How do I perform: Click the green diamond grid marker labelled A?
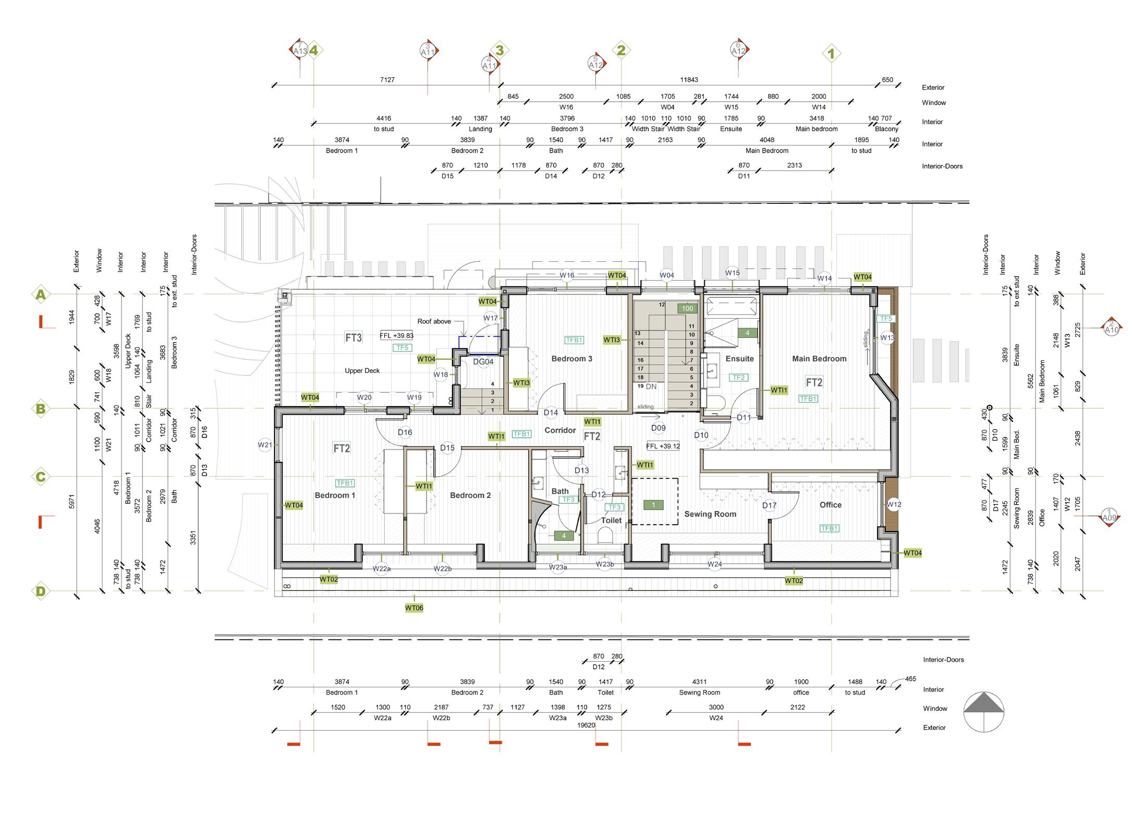pos(40,295)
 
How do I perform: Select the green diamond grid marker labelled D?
pos(40,591)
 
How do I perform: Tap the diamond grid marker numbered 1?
pos(831,53)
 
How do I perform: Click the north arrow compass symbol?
pos(983,712)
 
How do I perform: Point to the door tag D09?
pos(659,428)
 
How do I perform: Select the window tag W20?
pos(364,397)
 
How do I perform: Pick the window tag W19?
pos(415,397)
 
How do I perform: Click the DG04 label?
pos(483,362)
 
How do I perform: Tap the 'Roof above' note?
pos(434,321)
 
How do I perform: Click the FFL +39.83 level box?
pos(396,336)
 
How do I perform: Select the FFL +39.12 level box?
pos(663,446)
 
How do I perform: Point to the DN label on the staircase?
pos(651,386)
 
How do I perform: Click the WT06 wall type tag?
pos(414,608)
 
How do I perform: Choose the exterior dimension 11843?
pos(689,80)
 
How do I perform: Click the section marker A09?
pos(1110,517)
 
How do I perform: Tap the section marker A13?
pos(300,51)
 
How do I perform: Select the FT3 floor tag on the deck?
pos(354,338)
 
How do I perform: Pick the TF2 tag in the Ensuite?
pos(739,378)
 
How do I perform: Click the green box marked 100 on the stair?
pos(687,308)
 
